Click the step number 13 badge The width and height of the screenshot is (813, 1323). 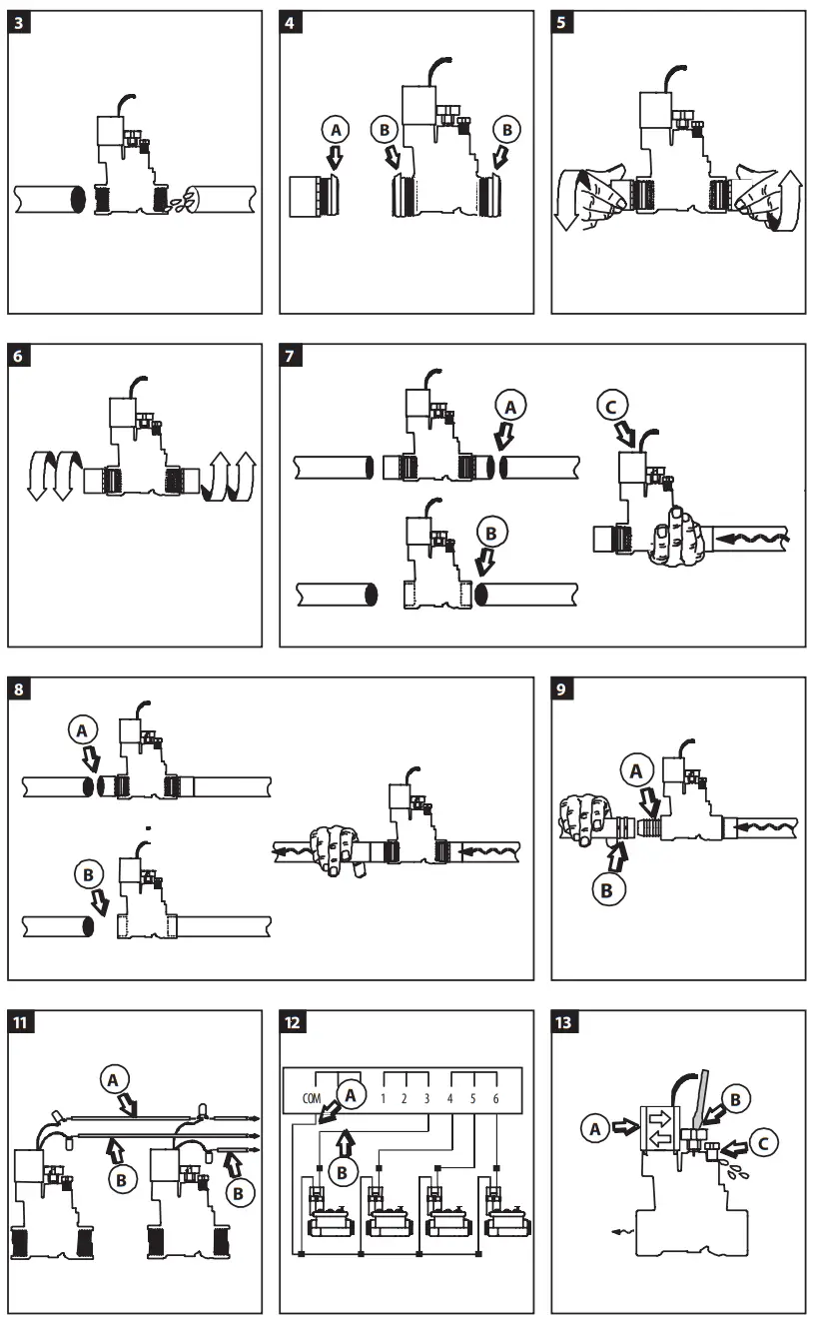point(564,1023)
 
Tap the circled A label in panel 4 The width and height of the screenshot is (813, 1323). point(336,128)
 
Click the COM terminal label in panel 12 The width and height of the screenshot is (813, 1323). point(311,1097)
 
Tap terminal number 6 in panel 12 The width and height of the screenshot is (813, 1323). point(495,1097)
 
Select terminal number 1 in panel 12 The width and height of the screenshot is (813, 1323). point(384,1097)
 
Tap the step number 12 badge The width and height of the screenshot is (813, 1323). point(293,1023)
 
